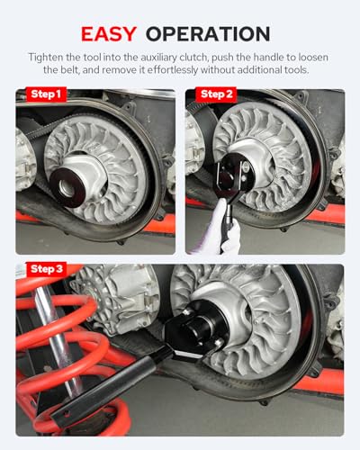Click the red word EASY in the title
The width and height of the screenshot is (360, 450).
coord(109,34)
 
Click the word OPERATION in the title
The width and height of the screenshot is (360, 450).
coord(208,34)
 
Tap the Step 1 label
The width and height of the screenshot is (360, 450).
coord(46,94)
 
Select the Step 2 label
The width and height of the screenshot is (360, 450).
coord(217,94)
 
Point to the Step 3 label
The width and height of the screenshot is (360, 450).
coord(47,269)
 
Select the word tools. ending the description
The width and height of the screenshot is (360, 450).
coord(296,70)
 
